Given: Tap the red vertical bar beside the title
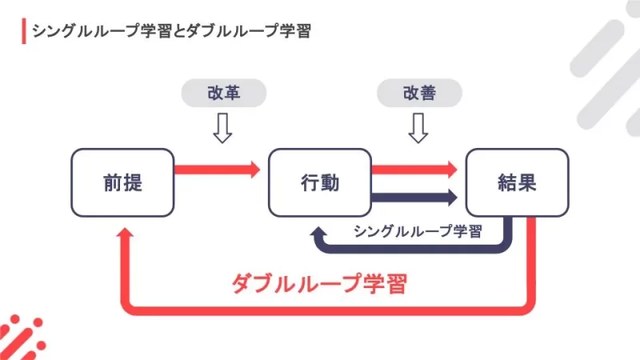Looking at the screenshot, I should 23,31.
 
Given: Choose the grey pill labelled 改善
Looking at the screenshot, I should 418,93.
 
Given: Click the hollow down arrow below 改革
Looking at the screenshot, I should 222,127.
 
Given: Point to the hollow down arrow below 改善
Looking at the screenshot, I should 418,127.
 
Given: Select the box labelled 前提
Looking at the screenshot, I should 122,182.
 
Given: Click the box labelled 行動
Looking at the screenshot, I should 319,182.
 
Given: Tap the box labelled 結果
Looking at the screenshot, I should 516,182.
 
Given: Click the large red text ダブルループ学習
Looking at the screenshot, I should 319,284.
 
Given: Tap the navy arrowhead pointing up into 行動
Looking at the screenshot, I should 320,231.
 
